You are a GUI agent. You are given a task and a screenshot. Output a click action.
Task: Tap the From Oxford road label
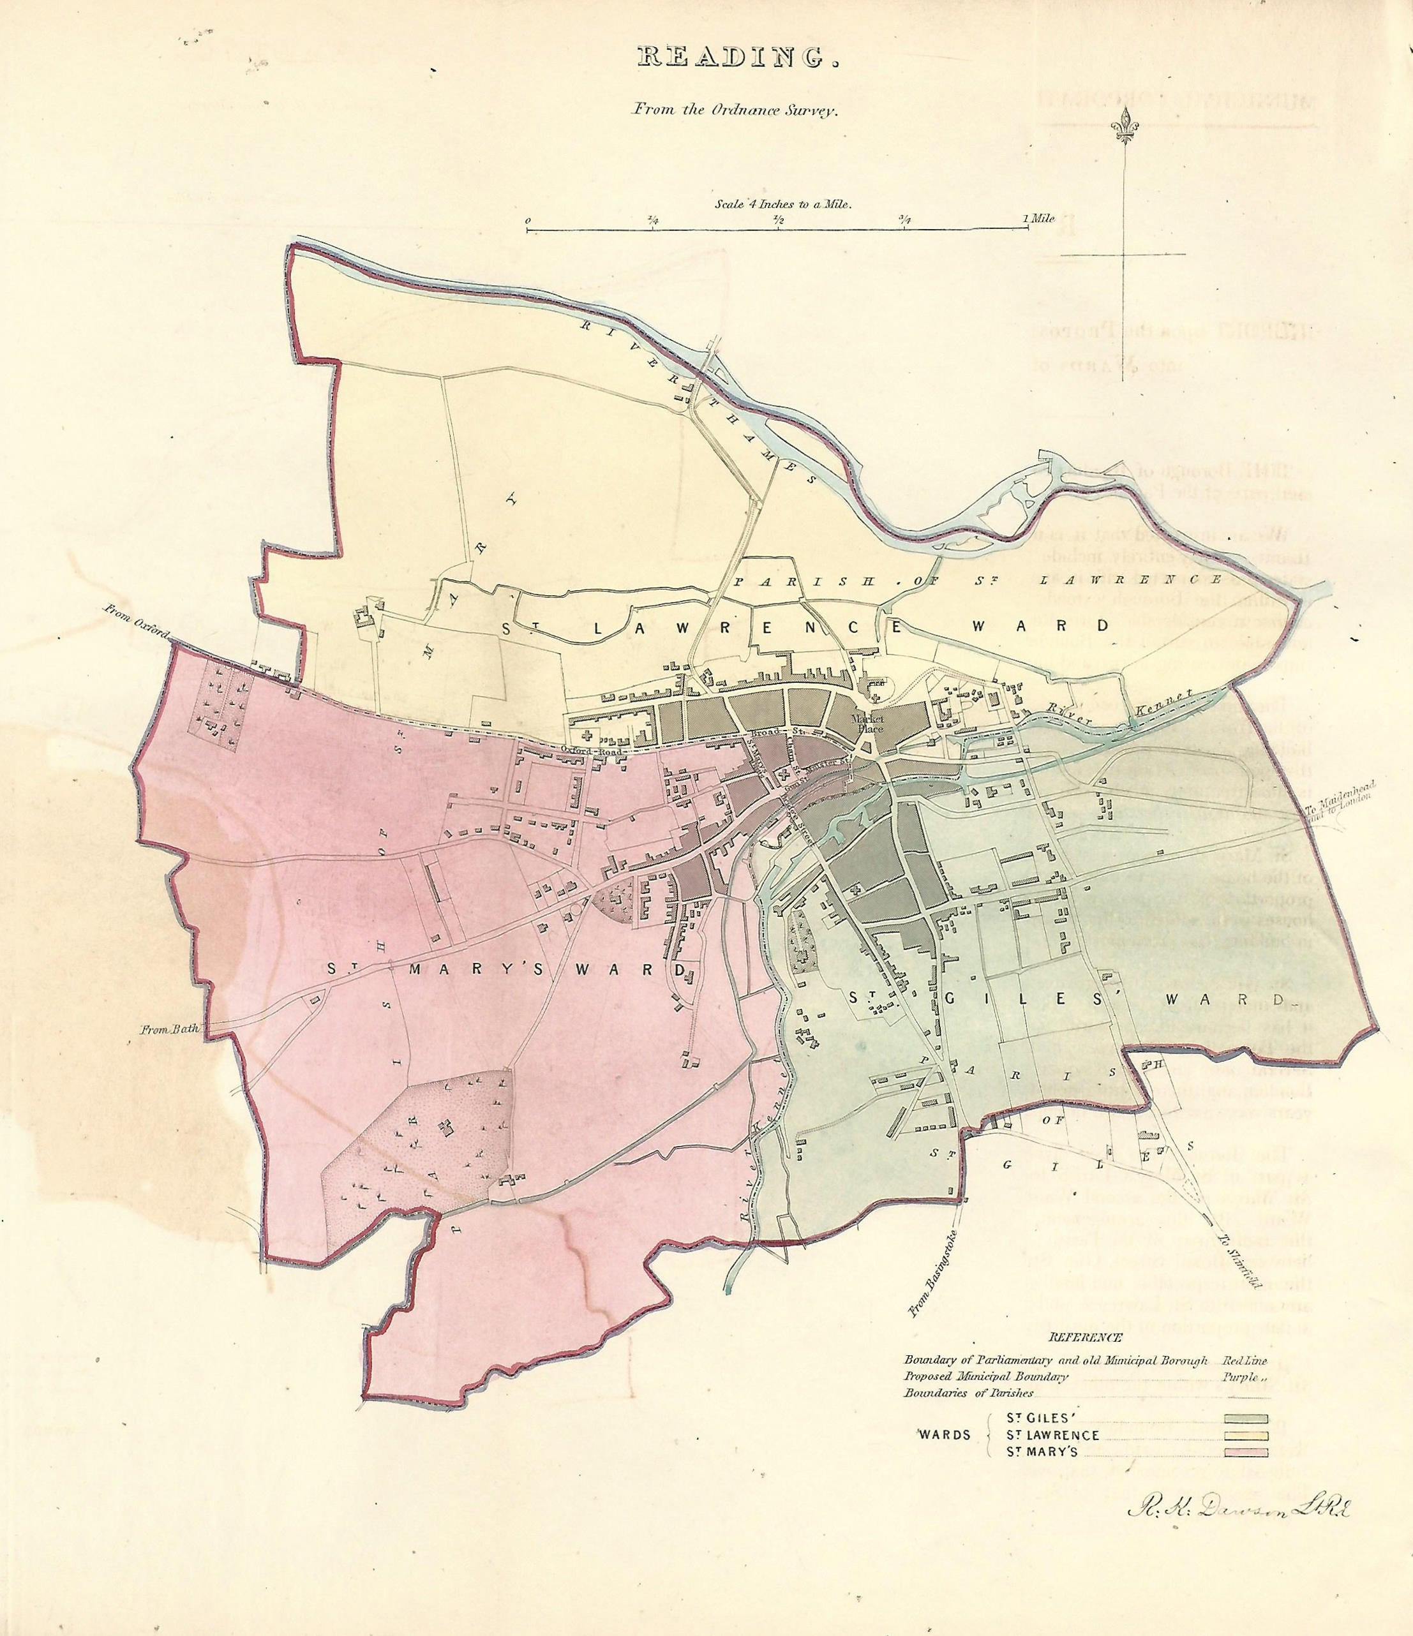point(137,624)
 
